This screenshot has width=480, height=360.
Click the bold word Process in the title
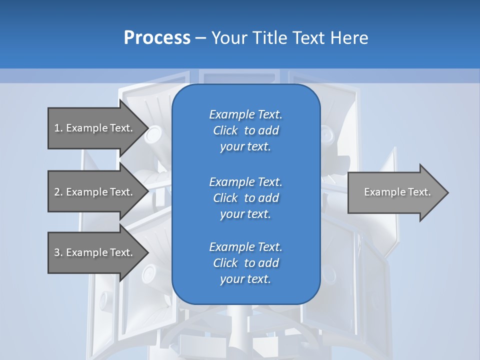click(157, 37)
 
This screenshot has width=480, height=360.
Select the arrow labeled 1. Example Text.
click(93, 128)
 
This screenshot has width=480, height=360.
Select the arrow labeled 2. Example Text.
click(93, 192)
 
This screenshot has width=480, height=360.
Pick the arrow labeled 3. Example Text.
click(93, 252)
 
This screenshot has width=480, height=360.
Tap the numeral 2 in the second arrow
click(57, 192)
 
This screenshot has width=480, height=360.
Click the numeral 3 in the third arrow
click(57, 252)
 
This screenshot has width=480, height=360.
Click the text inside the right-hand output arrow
click(397, 192)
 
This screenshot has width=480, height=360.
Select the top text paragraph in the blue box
click(245, 130)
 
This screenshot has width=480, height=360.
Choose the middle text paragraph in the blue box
click(245, 198)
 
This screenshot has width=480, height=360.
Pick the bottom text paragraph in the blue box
click(245, 263)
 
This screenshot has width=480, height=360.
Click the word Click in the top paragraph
click(225, 130)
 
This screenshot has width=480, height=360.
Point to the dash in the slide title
click(200, 38)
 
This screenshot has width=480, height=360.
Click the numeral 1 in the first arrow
click(57, 128)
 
